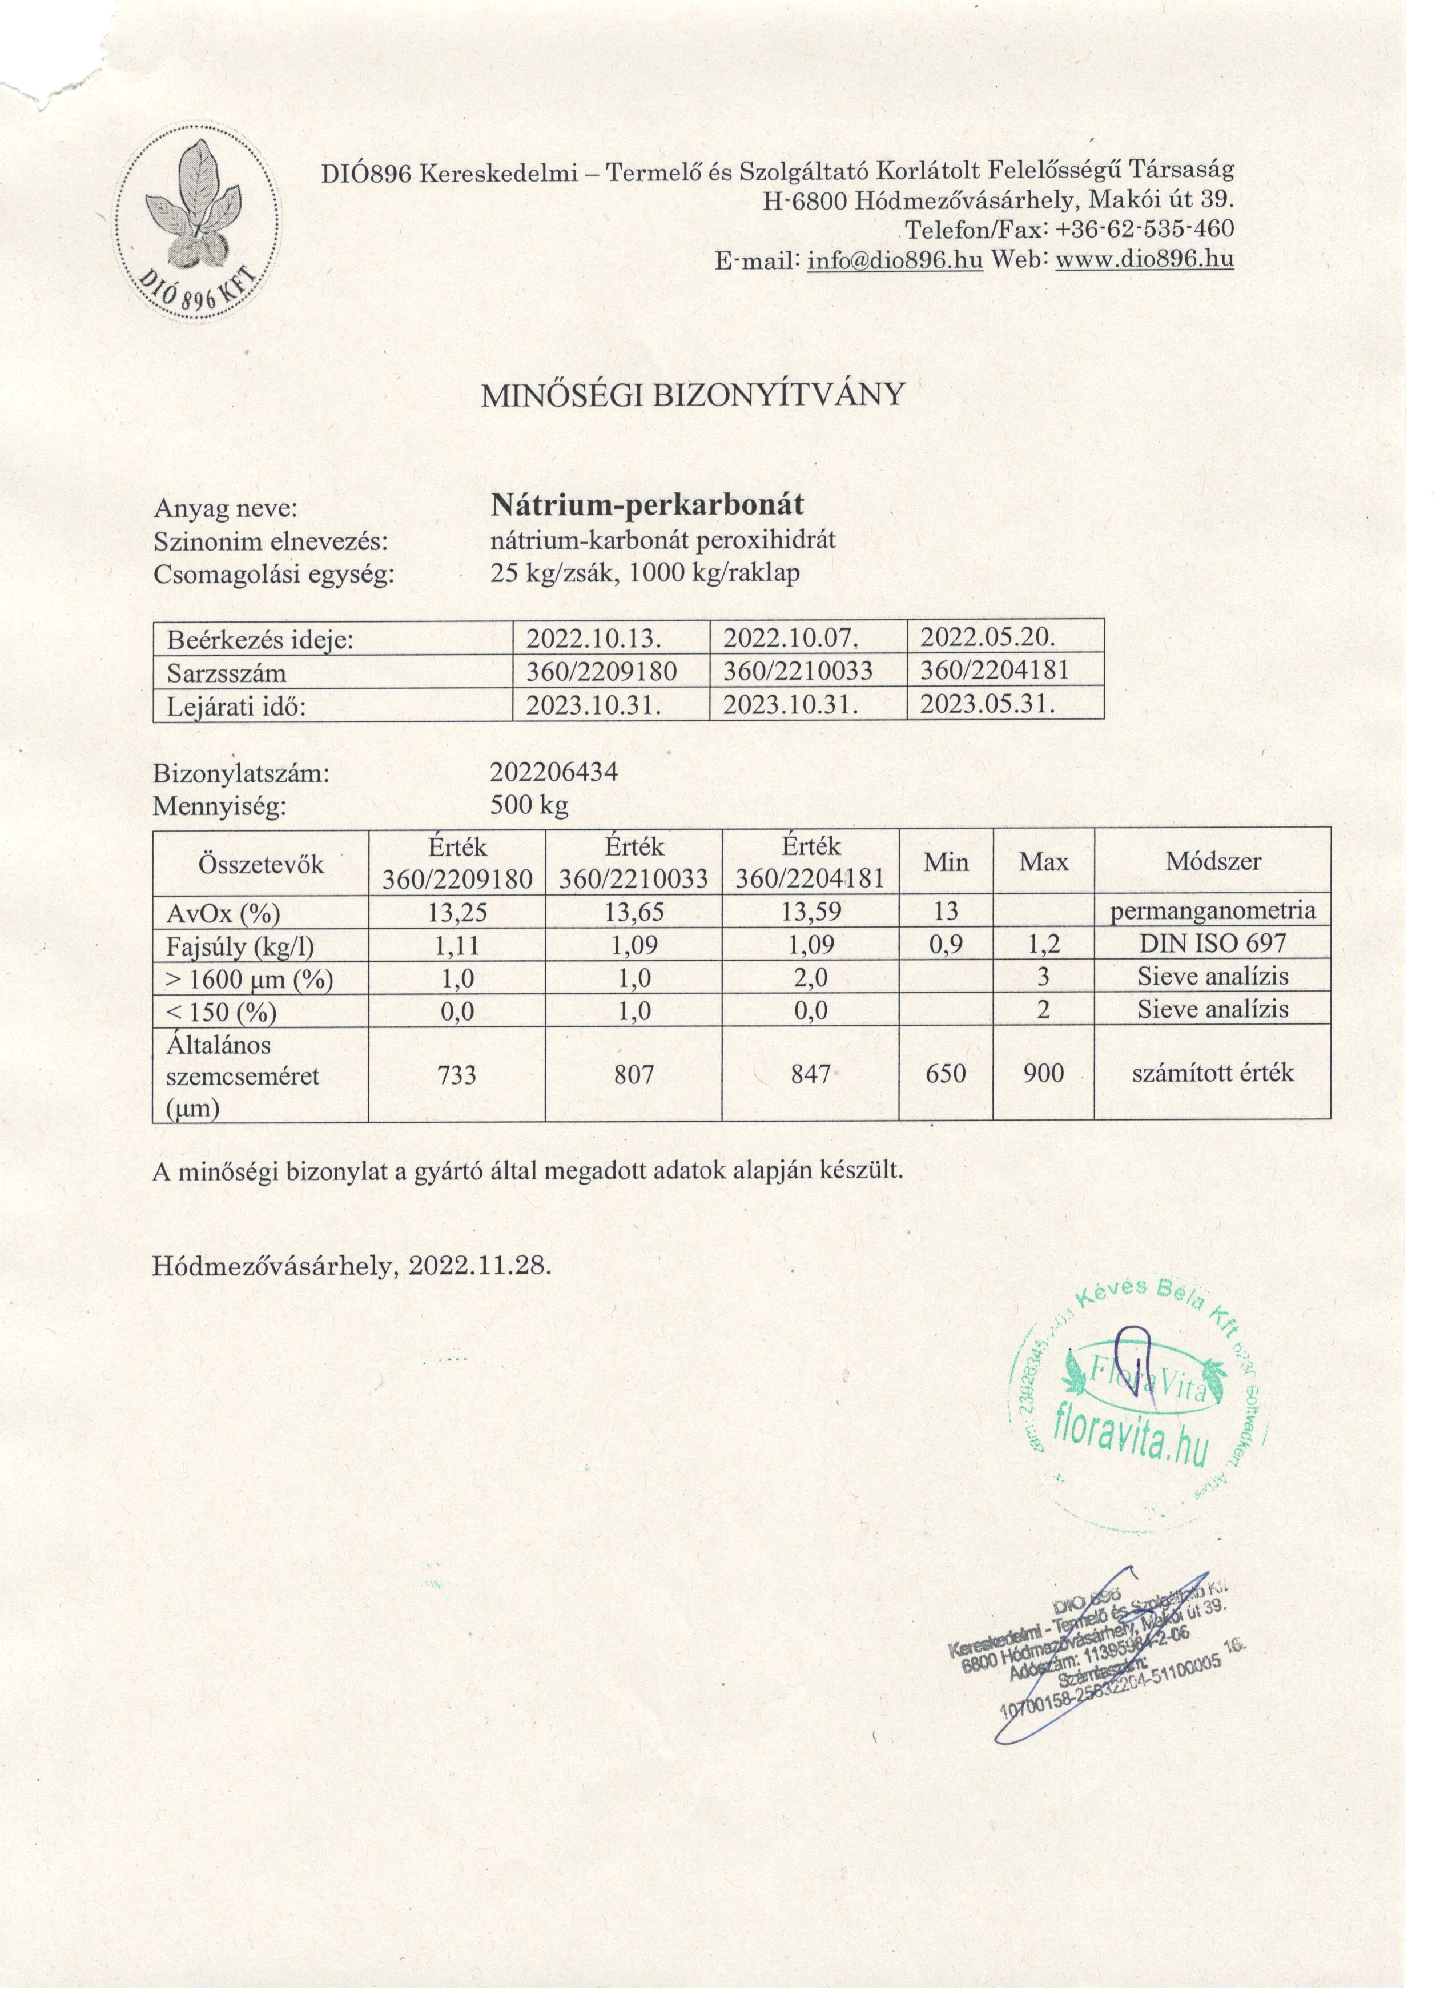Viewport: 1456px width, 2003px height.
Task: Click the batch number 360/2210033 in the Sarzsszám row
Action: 798,671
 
